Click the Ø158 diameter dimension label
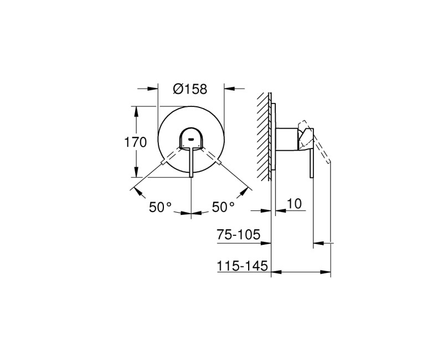[191, 88]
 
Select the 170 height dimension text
[135, 142]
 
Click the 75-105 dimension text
[238, 235]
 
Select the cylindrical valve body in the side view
[287, 139]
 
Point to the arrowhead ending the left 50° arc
[135, 190]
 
